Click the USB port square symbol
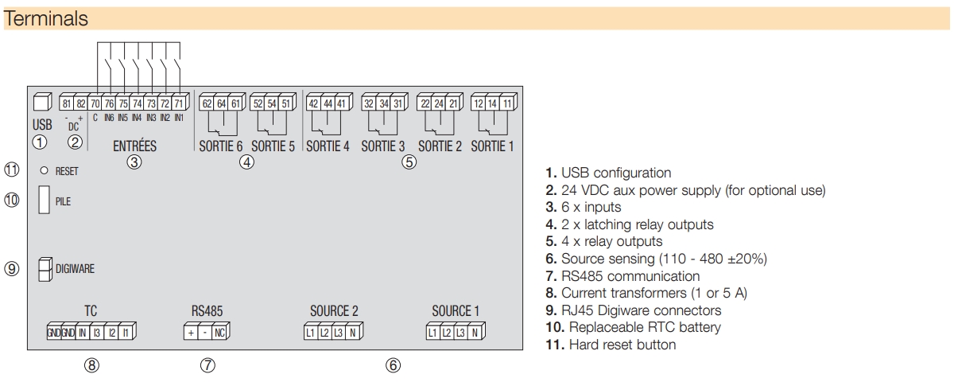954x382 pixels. tap(41, 103)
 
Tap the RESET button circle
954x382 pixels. tap(45, 170)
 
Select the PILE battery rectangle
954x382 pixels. tap(44, 200)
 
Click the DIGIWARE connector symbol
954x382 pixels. tap(45, 269)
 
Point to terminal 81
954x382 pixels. tap(67, 103)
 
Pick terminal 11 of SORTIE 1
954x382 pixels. tap(506, 103)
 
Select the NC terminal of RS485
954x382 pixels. tap(219, 333)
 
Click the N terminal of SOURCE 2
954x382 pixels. tap(351, 333)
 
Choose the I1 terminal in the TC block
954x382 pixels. tap(124, 333)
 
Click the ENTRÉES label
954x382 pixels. tap(134, 146)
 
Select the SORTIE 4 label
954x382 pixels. tap(328, 146)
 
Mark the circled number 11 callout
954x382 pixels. tap(11, 170)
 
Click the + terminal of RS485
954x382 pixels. tap(191, 333)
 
